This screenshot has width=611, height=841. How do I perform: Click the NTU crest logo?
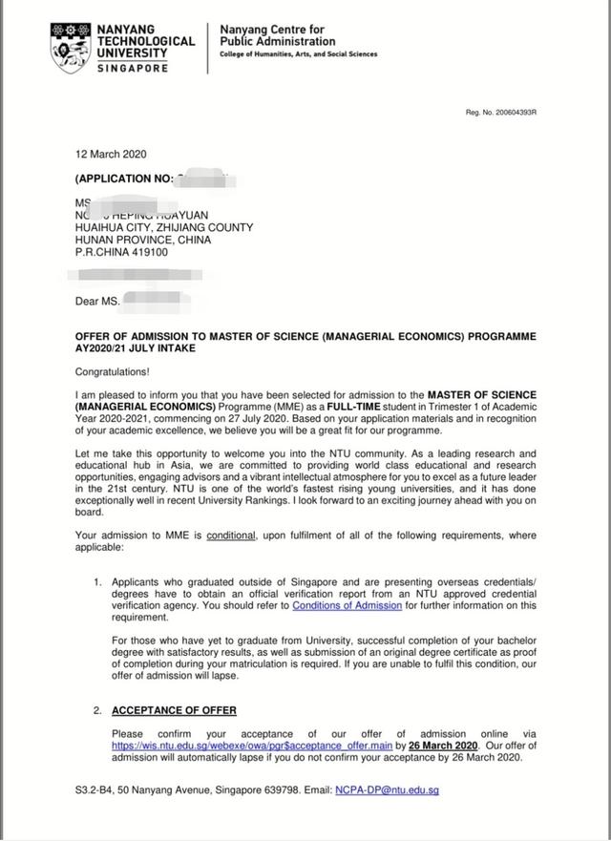tap(72, 47)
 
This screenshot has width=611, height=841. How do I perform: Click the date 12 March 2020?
tap(111, 155)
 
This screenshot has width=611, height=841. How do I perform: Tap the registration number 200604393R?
tap(501, 112)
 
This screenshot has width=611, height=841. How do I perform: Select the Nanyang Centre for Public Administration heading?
tap(277, 35)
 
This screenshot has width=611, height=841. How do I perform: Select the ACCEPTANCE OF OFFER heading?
tap(174, 710)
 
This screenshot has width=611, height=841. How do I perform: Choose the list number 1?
tap(97, 581)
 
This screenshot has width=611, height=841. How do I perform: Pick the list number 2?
tap(97, 710)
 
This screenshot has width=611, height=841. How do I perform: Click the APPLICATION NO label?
tap(124, 179)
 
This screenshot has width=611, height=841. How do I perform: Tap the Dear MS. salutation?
tap(98, 303)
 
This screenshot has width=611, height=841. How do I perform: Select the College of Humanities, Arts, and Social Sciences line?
tap(298, 54)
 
